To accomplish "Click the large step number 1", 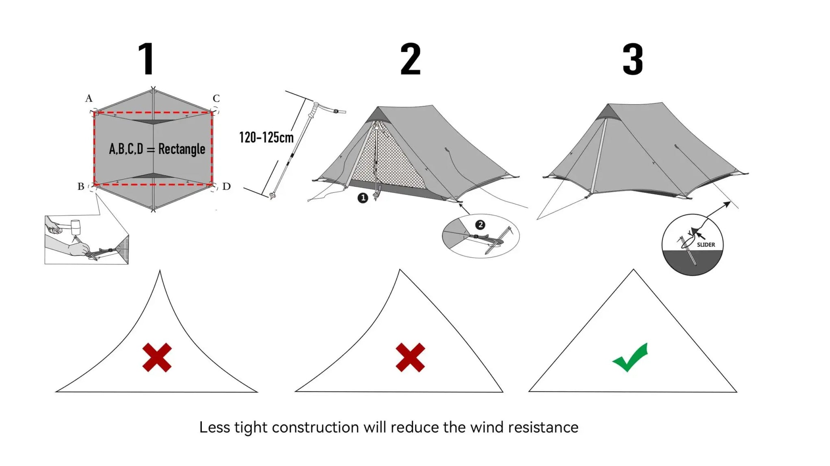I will click(x=147, y=59).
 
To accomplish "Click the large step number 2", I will click(x=410, y=59).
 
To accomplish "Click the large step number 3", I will click(x=633, y=59).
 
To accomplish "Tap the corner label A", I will click(x=89, y=98).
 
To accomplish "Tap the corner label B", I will click(x=81, y=186).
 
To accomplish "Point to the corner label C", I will click(x=216, y=98).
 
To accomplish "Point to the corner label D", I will click(x=226, y=186).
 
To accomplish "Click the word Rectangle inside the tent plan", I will click(x=181, y=149).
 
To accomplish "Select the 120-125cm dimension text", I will click(x=266, y=138).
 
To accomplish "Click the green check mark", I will click(x=630, y=357).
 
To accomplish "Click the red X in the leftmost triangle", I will click(x=157, y=358).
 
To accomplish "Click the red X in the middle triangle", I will click(x=410, y=358).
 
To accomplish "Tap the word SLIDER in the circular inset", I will click(x=705, y=245).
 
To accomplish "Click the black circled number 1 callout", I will click(x=363, y=198).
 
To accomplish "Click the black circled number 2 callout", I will click(x=480, y=225).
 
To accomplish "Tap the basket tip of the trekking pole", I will click(x=273, y=196).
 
